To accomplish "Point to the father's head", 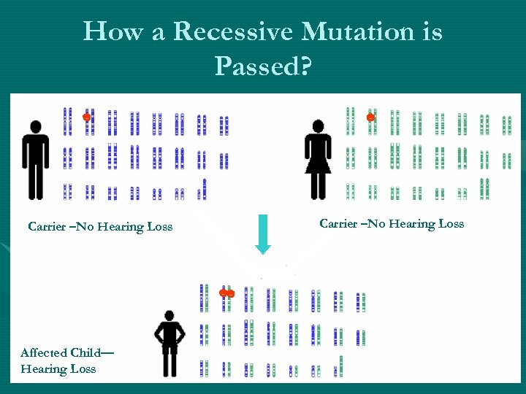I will coord(34,125).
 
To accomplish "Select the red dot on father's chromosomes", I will coord(86,117).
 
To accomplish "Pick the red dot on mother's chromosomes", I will coord(370,117).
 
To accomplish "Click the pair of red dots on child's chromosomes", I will coord(227,293).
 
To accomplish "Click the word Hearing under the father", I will coord(121,227).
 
